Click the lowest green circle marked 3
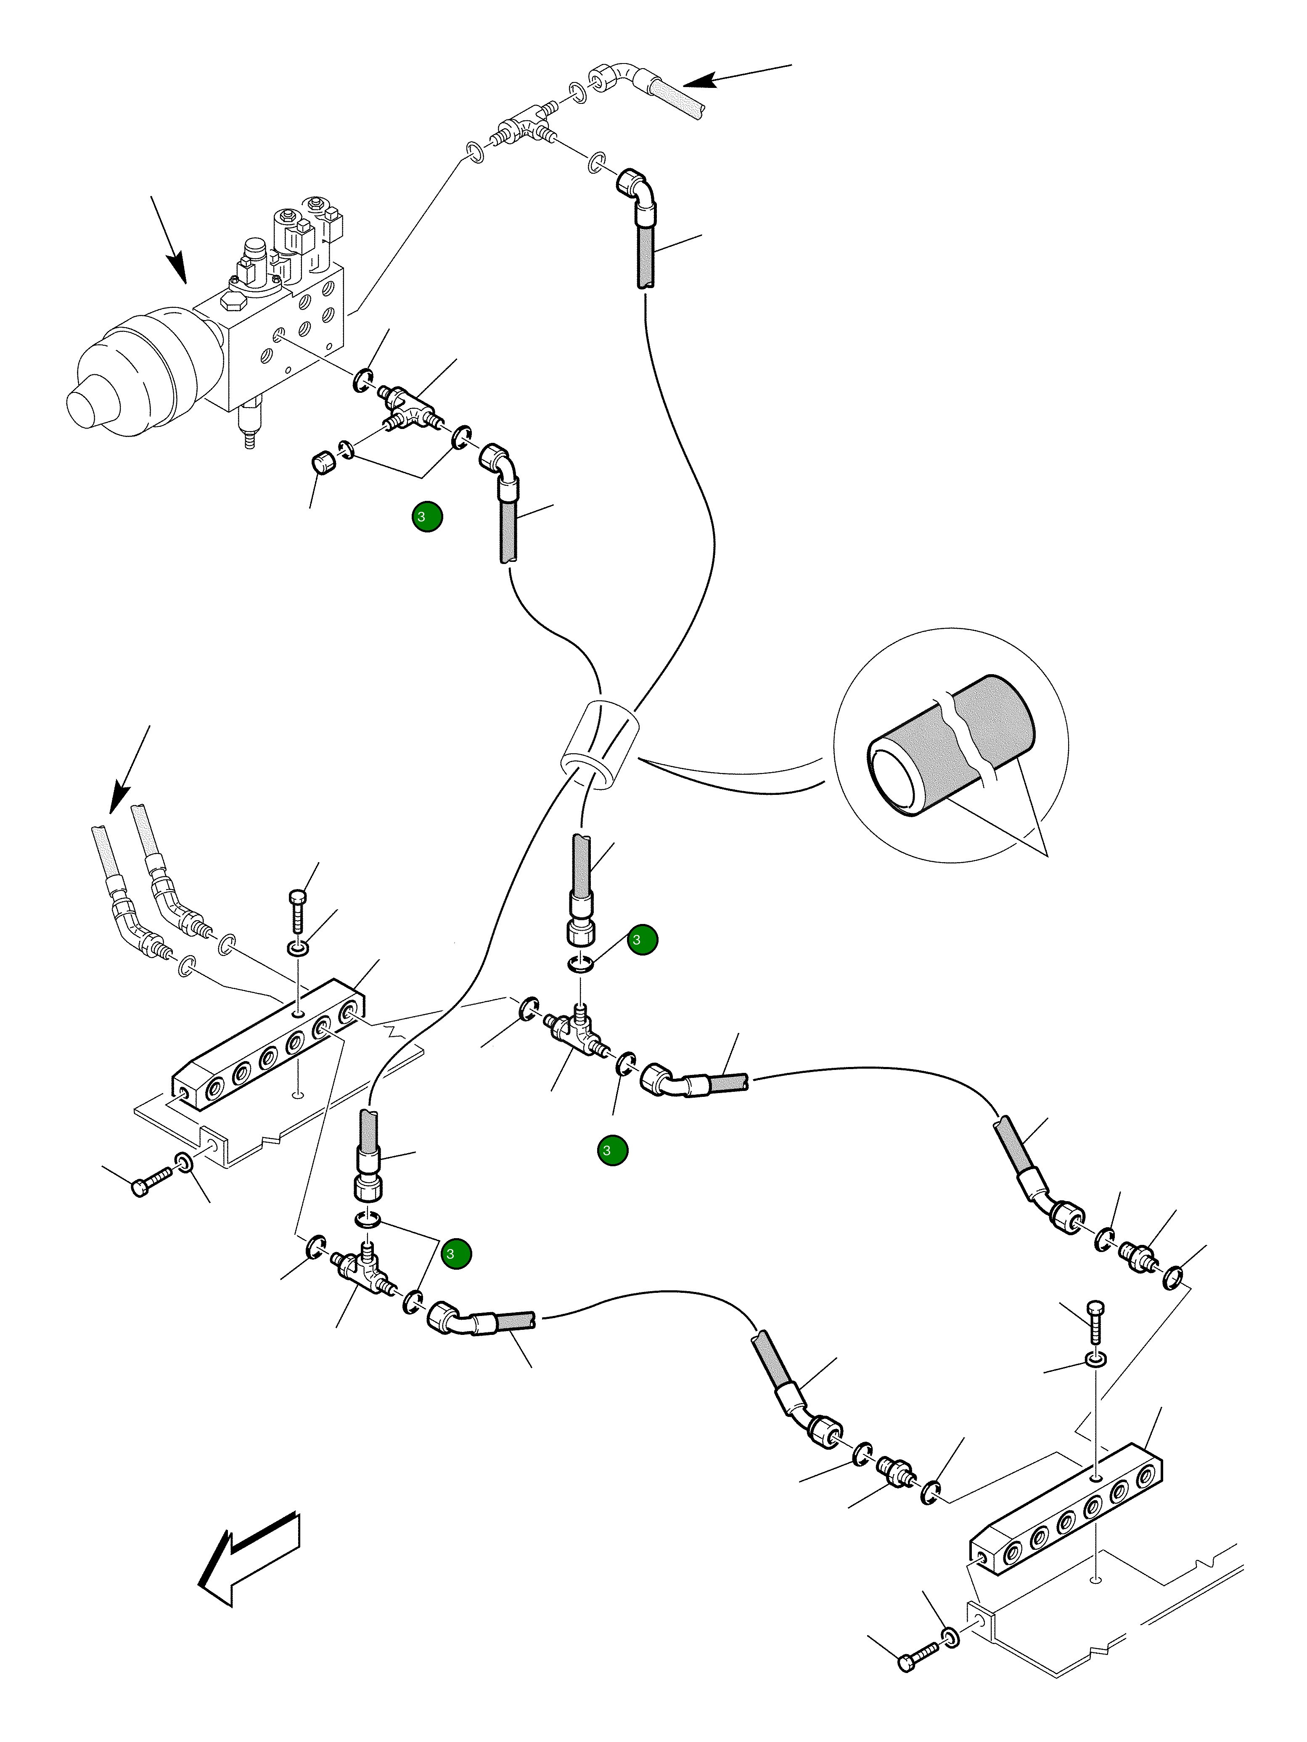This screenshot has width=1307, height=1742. pos(456,1254)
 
